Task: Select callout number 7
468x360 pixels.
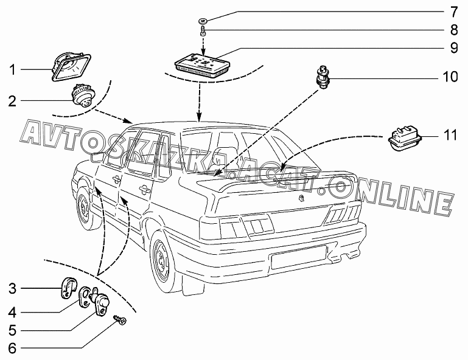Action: tap(453, 12)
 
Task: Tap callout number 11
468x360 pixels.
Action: tap(450, 136)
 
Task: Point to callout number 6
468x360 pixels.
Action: tap(12, 348)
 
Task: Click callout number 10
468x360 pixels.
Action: tap(450, 77)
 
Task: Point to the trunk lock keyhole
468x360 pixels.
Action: tap(302, 199)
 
